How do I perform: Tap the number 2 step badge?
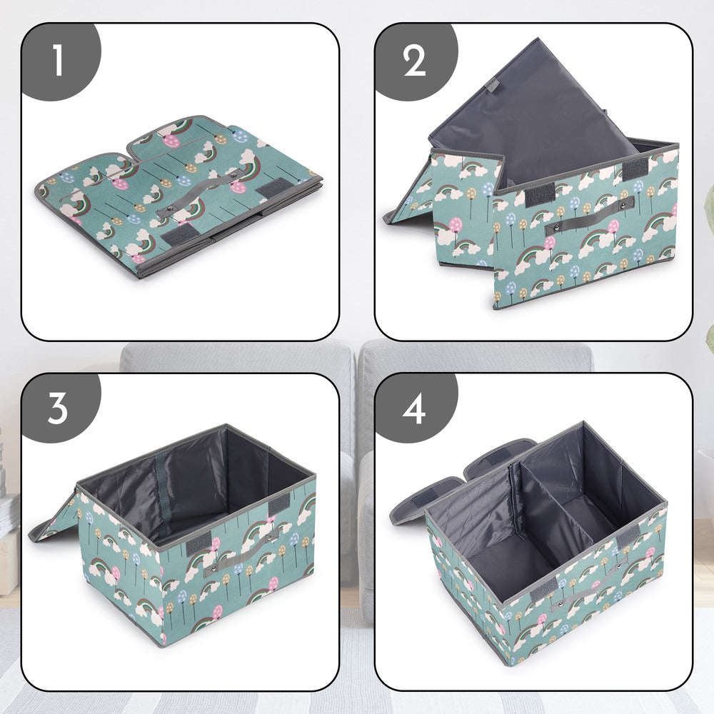pyautogui.click(x=414, y=60)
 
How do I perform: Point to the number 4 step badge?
pyautogui.click(x=414, y=408)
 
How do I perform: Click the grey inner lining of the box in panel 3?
pyautogui.click(x=193, y=486)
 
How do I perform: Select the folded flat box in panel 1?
pyautogui.click(x=178, y=193)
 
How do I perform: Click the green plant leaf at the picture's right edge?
pyautogui.click(x=708, y=336)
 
